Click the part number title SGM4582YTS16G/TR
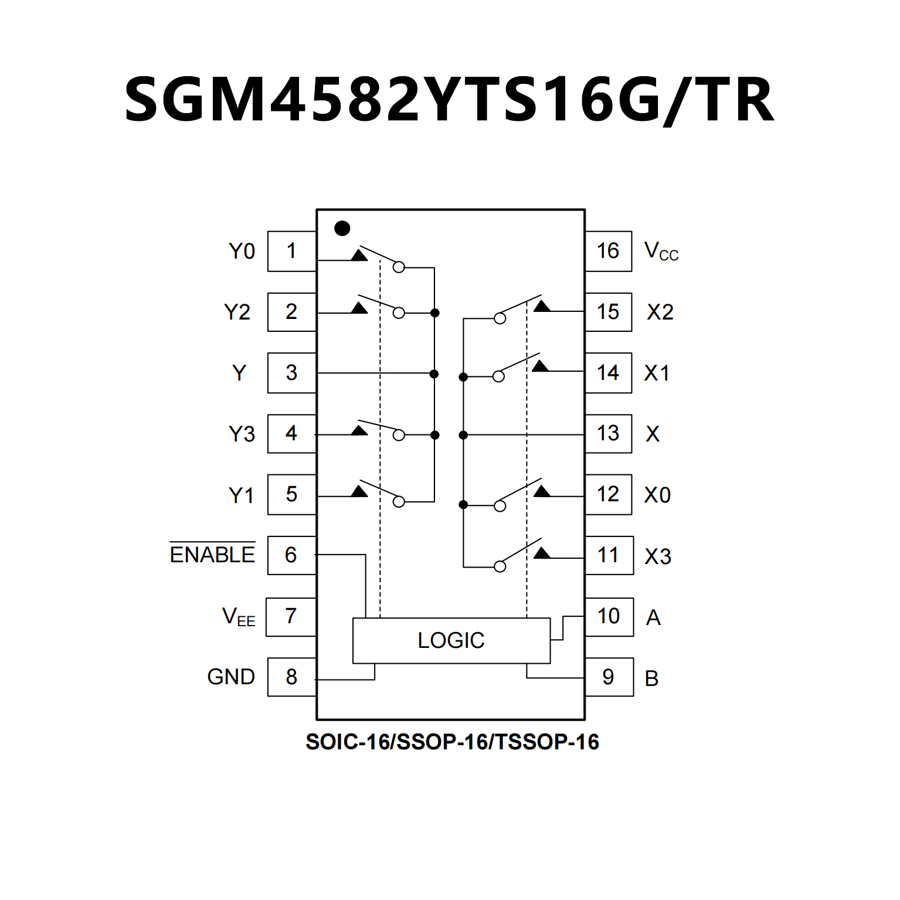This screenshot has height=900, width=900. [449, 100]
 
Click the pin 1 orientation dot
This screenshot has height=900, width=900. [342, 228]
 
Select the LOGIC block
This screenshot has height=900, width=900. [451, 640]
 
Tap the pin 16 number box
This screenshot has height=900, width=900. [608, 251]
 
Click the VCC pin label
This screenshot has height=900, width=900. [661, 252]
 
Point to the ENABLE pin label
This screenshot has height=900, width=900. [212, 554]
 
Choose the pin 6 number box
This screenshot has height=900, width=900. [291, 555]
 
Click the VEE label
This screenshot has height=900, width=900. [239, 617]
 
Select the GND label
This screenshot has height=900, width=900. [231, 677]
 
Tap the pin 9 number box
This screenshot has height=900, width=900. [609, 677]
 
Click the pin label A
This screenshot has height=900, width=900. [653, 617]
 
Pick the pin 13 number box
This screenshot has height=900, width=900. [608, 433]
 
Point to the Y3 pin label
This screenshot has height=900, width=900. [242, 434]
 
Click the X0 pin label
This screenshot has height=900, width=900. [657, 495]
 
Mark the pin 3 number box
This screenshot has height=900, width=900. [291, 372]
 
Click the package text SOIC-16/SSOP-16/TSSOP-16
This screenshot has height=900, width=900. [452, 742]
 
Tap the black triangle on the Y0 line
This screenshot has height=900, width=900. [359, 255]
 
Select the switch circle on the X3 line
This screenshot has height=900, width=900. [500, 566]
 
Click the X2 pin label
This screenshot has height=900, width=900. [660, 312]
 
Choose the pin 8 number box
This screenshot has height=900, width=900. [291, 677]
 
